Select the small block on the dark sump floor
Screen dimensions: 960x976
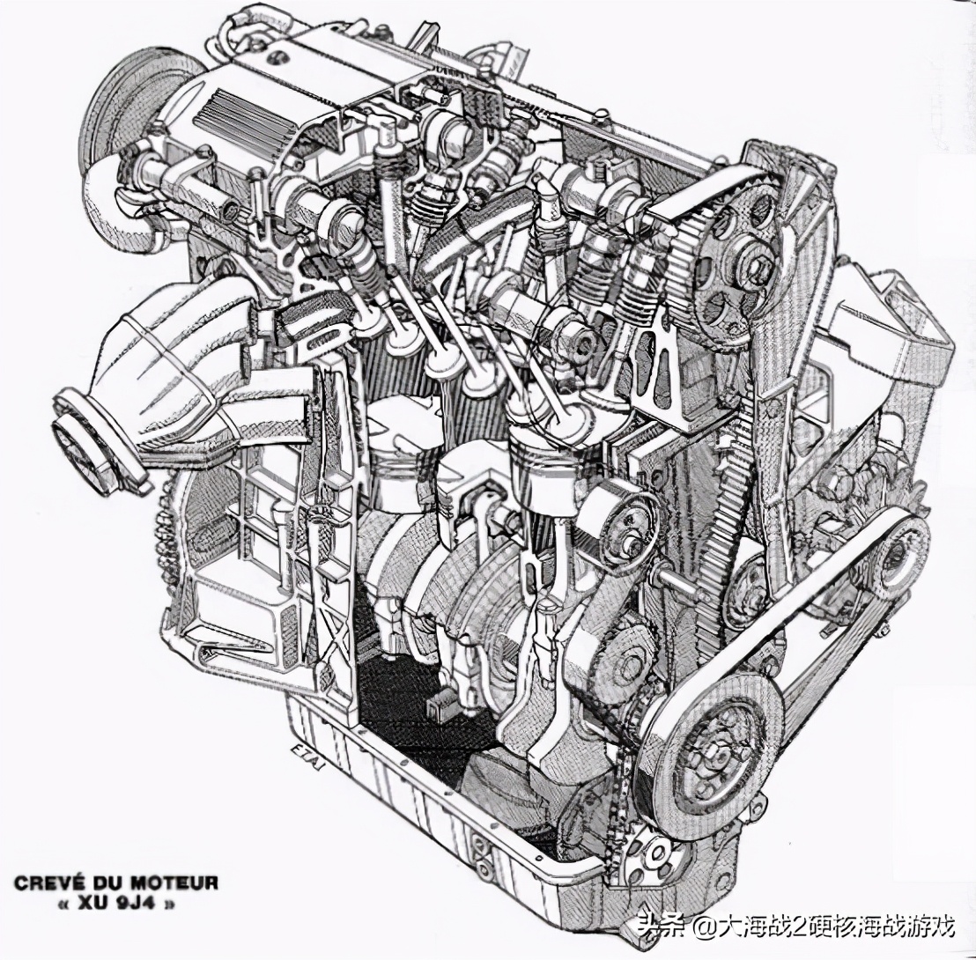[x=434, y=707]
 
